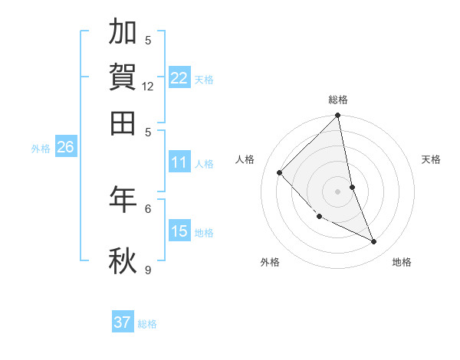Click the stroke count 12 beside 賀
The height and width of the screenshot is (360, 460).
pos(148,87)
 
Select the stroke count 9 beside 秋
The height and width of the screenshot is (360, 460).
pos(148,270)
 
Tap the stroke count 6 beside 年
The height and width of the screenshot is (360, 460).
pos(148,208)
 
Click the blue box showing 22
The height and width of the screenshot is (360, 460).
pos(179,78)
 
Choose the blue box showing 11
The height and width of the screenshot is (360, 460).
pos(179,162)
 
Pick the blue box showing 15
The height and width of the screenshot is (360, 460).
pos(179,231)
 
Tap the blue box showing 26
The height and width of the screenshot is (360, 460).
pos(65,148)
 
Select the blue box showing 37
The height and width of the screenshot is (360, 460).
pos(123,322)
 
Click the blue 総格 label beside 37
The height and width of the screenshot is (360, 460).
pos(147,324)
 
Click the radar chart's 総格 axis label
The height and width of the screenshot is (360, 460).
pos(338,100)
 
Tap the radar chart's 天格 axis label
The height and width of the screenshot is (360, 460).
pos(432,159)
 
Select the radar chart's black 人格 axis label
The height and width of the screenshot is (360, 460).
pos(245,159)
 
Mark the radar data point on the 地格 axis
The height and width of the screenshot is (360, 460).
pos(374,242)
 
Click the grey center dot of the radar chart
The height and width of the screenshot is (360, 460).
pos(338,191)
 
